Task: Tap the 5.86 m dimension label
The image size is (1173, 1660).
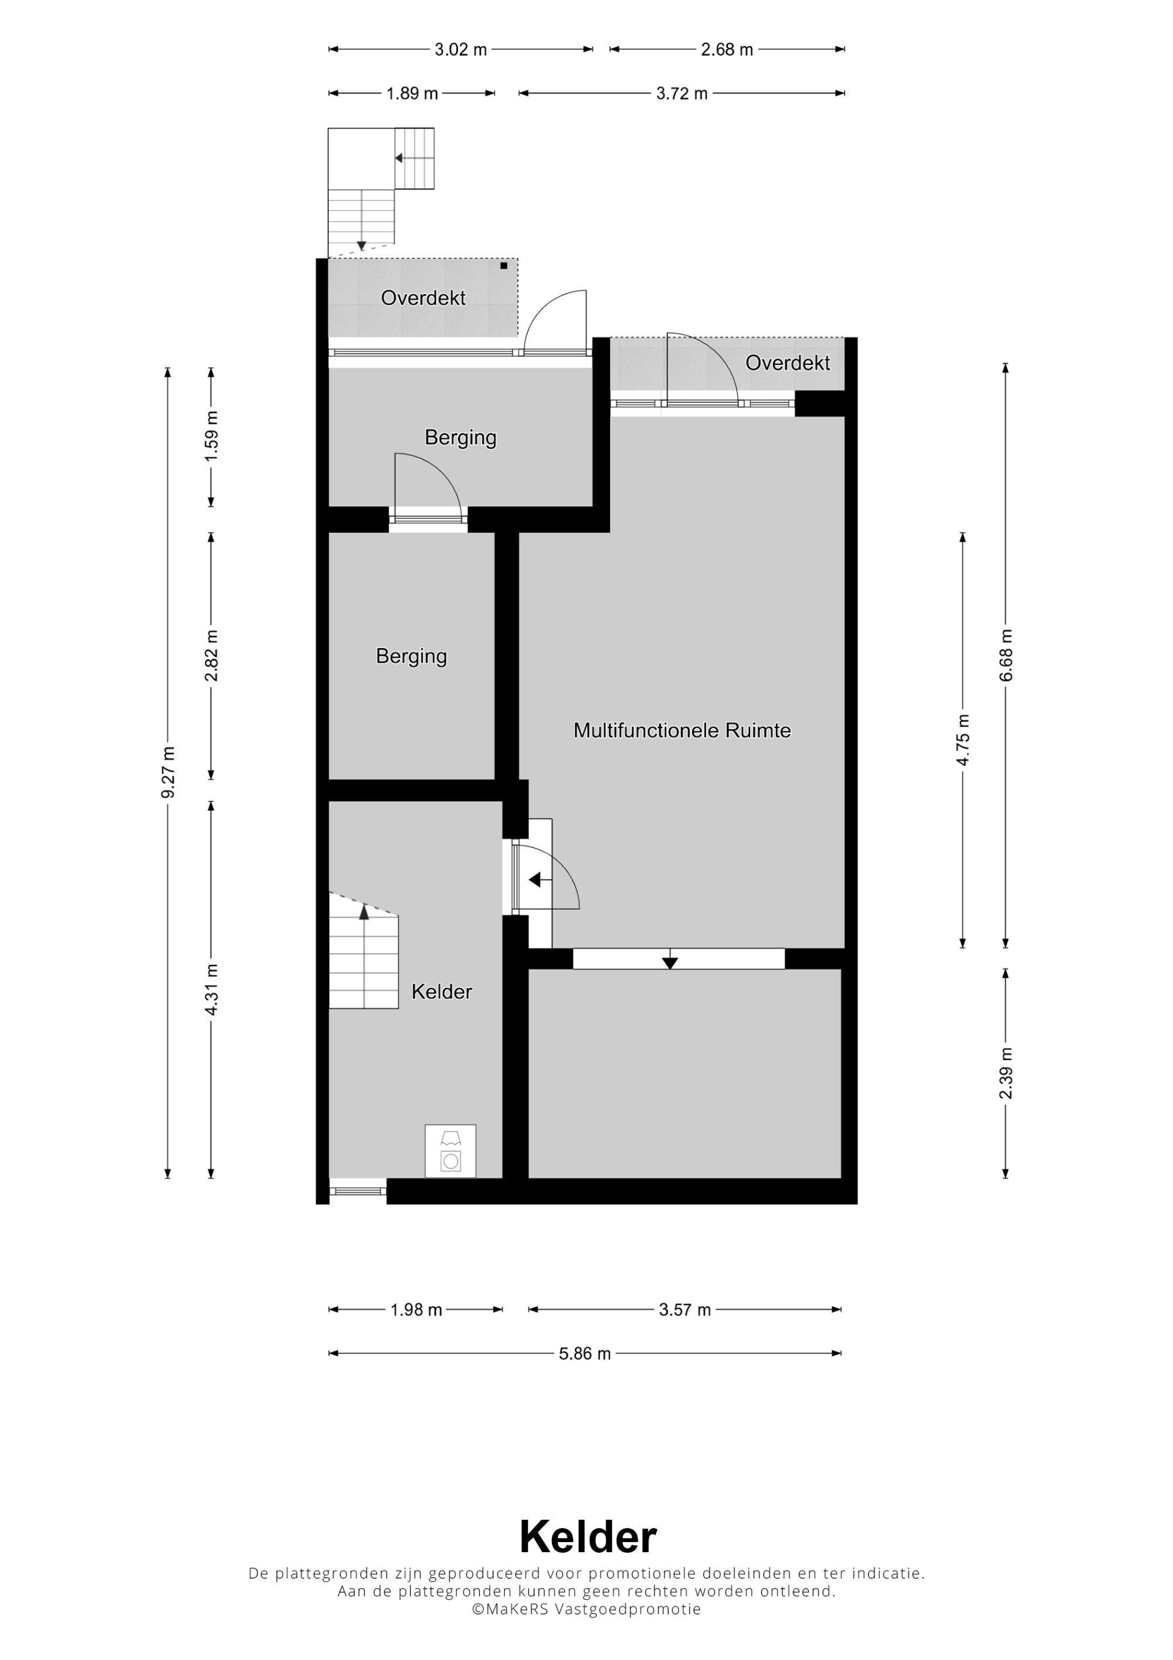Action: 585,1353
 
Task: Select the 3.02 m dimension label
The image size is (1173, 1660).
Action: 460,50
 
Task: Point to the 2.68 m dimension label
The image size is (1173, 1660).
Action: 727,50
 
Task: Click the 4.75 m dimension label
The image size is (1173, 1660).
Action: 962,740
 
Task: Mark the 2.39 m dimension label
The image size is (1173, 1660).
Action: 1005,1073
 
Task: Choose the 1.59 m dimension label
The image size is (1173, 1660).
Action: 211,436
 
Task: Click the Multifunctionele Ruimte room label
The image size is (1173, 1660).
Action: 682,730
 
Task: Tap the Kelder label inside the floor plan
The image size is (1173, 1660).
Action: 442,991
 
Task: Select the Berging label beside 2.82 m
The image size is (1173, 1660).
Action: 411,656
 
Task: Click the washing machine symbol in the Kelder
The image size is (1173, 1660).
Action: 450,1150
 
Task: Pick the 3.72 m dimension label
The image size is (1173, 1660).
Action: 682,94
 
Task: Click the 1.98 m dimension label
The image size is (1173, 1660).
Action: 416,1310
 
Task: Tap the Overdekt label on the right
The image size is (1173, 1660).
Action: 788,363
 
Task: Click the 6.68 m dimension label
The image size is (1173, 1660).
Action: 1005,655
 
